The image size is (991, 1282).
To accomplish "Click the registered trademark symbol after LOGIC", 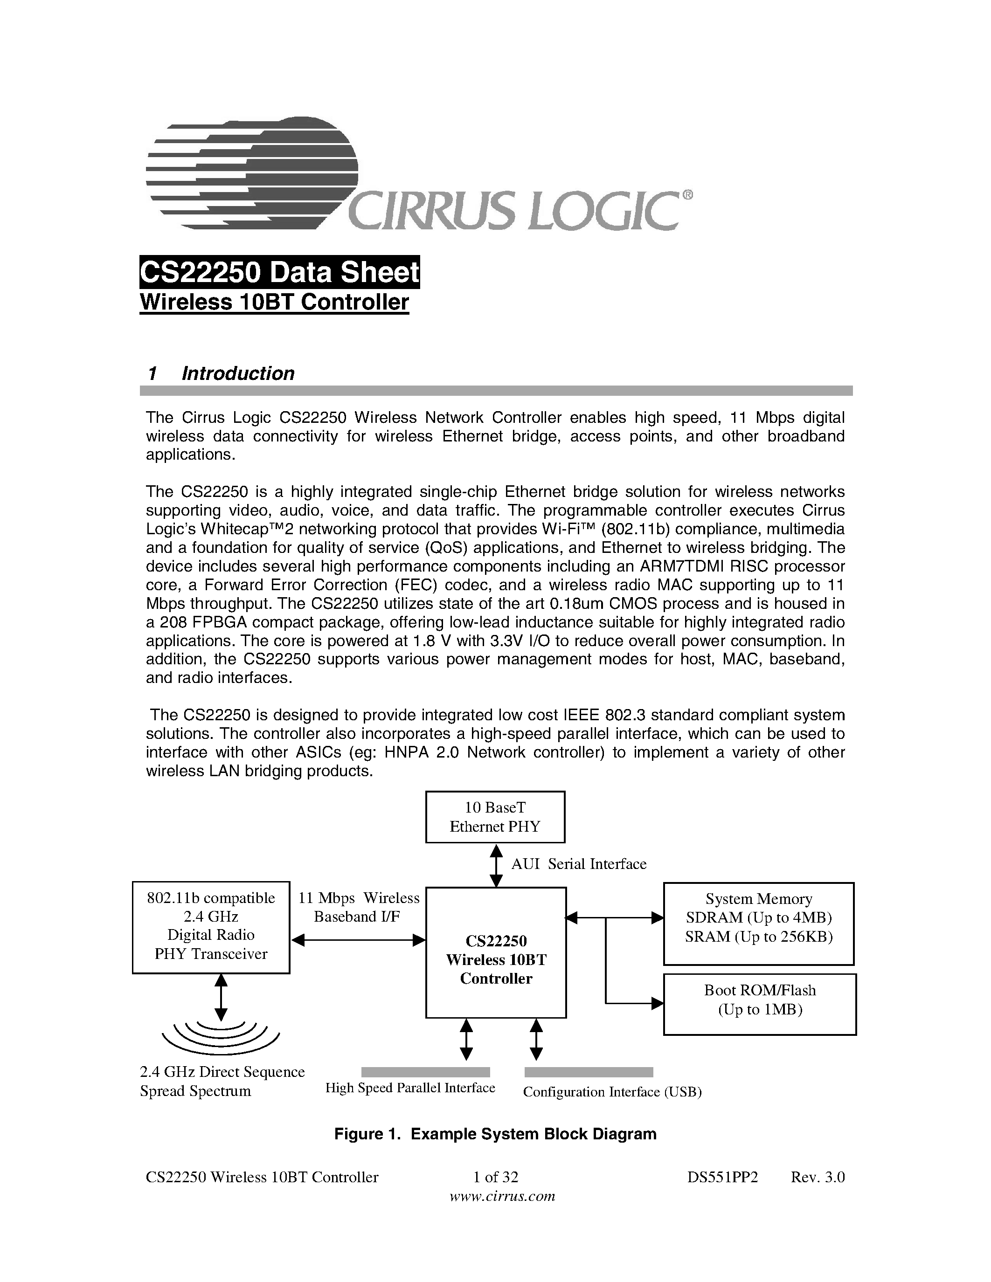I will click(x=687, y=195).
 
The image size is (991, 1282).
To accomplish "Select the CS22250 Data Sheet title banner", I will click(x=279, y=272).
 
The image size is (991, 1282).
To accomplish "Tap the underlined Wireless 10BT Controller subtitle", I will click(x=274, y=302).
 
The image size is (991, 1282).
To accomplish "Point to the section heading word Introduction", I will click(x=238, y=373).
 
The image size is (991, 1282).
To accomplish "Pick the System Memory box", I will click(x=758, y=924).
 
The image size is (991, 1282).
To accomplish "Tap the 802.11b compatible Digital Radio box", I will click(x=211, y=927).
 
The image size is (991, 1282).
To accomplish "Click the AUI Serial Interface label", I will click(x=578, y=864).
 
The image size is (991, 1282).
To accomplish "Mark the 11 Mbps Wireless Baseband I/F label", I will click(x=358, y=907).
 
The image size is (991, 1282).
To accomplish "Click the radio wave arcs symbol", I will click(x=221, y=1037).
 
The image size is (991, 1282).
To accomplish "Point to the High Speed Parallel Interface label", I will click(x=410, y=1088).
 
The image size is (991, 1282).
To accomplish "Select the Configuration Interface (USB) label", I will click(x=612, y=1091).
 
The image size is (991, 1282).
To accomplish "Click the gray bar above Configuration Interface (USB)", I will click(x=588, y=1072).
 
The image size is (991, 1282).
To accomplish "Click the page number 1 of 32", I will click(x=495, y=1177).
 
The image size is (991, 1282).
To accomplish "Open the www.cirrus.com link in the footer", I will click(x=502, y=1196).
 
